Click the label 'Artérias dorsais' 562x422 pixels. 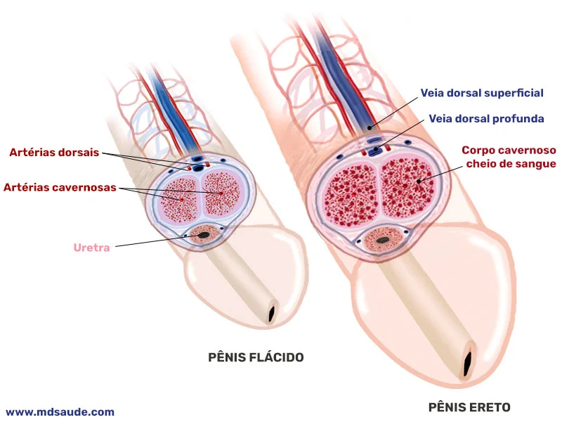(x=54, y=152)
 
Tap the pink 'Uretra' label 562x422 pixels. (x=92, y=248)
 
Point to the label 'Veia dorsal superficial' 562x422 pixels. (x=482, y=93)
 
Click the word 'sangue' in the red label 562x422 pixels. (x=536, y=164)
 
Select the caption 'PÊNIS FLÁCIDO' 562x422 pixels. (x=256, y=357)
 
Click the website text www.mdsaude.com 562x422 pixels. (x=60, y=412)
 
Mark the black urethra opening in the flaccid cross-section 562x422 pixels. (x=205, y=235)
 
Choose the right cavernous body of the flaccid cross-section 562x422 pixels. (x=223, y=195)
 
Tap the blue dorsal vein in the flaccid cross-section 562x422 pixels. (x=199, y=167)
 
